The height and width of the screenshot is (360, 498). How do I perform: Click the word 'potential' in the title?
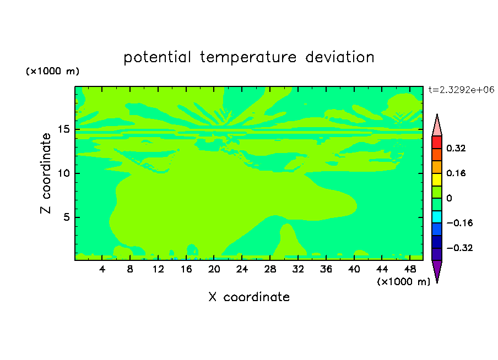[x=157, y=57]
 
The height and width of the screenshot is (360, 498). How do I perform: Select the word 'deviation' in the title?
[x=340, y=57]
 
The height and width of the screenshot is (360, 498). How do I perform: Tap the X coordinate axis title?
[x=249, y=297]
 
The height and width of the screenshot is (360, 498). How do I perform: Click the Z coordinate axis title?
[x=46, y=173]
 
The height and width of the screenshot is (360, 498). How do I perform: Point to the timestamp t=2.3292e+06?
[x=461, y=90]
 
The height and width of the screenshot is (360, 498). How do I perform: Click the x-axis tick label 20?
[x=214, y=269]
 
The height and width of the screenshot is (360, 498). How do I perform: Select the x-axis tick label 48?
[x=410, y=269]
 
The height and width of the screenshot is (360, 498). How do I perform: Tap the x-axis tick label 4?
[x=102, y=269]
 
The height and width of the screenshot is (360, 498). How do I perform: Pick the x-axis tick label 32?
[x=298, y=269]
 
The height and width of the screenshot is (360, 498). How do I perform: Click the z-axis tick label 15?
[x=64, y=129]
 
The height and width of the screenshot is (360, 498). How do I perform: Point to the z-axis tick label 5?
[x=67, y=217]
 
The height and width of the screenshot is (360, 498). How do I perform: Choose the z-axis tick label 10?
[x=64, y=173]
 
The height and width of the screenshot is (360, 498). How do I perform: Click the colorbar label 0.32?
[x=456, y=148]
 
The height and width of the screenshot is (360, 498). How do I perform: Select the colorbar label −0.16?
[x=459, y=223]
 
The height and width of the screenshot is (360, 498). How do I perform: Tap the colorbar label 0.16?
[x=456, y=173]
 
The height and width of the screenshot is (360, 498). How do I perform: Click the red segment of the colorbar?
[x=437, y=142]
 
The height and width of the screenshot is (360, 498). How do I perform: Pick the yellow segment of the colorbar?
[x=437, y=179]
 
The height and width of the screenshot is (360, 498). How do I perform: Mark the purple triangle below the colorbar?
[x=437, y=269]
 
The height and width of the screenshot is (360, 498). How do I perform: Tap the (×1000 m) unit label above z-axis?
[x=52, y=71]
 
